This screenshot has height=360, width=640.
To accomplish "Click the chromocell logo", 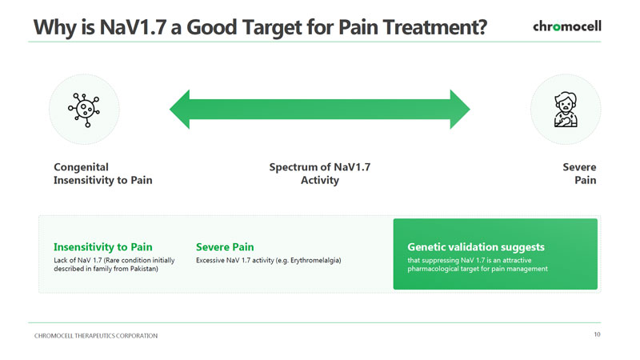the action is pos(567,26).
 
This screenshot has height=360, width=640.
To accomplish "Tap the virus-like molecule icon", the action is pos(84,110).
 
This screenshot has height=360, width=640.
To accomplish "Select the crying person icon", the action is pos(566,110).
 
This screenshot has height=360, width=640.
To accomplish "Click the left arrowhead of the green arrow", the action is pos(179,110).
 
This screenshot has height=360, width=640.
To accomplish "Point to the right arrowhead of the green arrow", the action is pos(460,110).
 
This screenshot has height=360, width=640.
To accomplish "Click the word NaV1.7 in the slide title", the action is pos(133,27).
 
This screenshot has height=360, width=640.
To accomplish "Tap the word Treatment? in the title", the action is pos(435,27).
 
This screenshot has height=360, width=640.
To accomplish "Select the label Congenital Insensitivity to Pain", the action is pos(103,174).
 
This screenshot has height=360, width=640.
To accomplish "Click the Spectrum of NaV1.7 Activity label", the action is pos(319,174).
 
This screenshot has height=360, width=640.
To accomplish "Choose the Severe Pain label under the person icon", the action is pos(579,174).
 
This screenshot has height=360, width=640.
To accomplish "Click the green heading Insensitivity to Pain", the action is pos(103,247).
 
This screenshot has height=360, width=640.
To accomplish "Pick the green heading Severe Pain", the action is pos(225,247).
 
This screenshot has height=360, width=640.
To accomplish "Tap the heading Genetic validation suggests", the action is pos(476,247).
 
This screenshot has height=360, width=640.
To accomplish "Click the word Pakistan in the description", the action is pos(144,269).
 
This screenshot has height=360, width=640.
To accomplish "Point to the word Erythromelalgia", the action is pos(315,261).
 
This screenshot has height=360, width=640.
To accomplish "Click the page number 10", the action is pos(597,334).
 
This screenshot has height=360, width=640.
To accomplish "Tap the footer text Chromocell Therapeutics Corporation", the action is pos(96,335).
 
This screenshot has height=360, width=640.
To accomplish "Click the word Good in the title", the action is pos(212,27).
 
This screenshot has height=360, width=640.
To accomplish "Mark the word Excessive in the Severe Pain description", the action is pos(210,261).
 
